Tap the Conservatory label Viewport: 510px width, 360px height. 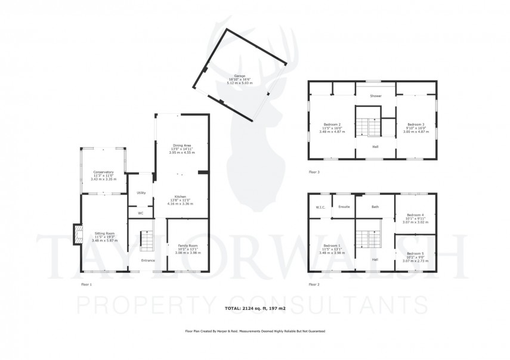click(x=103, y=172)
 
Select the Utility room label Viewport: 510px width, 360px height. click(x=141, y=193)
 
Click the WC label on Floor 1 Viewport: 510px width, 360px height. click(x=141, y=213)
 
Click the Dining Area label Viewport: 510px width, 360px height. click(x=181, y=145)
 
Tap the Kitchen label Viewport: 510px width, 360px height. click(x=181, y=197)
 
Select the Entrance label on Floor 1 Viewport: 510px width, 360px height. click(x=148, y=260)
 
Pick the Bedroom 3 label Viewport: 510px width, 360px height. click(x=416, y=124)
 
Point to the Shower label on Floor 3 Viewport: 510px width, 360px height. click(x=375, y=95)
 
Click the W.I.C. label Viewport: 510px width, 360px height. click(x=320, y=207)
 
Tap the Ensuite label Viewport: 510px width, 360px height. click(x=344, y=207)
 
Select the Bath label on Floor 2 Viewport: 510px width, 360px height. click(x=375, y=207)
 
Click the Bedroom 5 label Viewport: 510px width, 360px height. click(x=416, y=254)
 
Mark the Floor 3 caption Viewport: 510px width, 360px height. click(x=314, y=172)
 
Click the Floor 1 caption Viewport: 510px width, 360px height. click(x=86, y=285)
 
